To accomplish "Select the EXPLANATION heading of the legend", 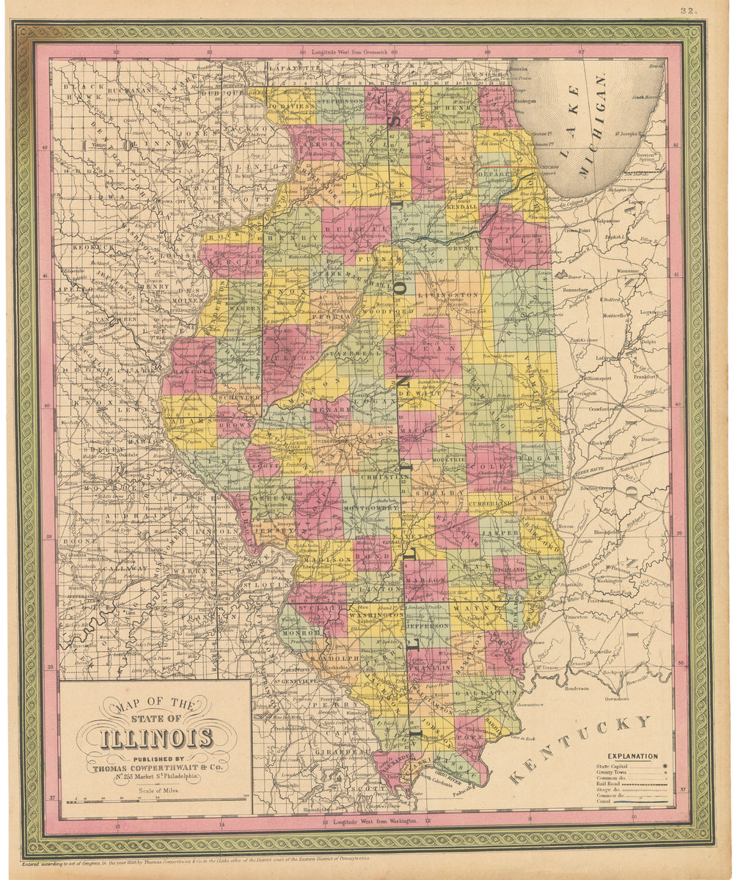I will pyautogui.click(x=632, y=756).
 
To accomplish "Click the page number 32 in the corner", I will pyautogui.click(x=687, y=10).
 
